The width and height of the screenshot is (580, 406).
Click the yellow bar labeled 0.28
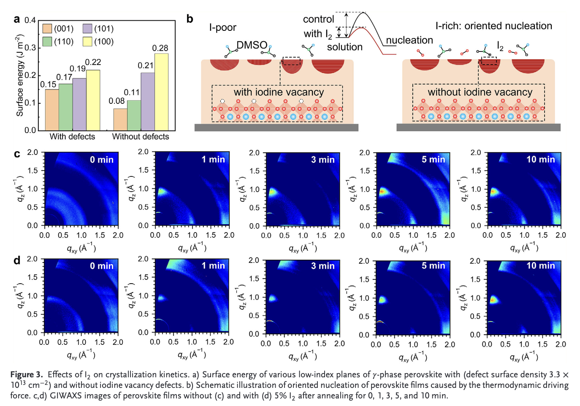pos(161,92)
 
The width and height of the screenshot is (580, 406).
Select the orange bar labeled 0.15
pos(52,110)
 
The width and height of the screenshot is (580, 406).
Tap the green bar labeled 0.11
pos(134,115)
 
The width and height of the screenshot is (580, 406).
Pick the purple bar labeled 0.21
pos(148,101)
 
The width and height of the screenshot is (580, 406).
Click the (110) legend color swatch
pos(47,41)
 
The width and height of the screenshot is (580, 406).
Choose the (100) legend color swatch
pos(87,41)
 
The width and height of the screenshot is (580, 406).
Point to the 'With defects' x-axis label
pos(72,137)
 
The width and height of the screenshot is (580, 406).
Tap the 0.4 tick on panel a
pos(30,20)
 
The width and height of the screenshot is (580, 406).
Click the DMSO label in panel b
pos(252,45)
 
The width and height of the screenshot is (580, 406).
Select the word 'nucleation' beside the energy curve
pos(409,40)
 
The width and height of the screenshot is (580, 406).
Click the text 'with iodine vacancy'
pos(279,92)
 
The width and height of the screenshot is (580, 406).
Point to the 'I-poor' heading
pos(222,28)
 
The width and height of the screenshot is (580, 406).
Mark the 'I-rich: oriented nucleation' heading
pos(493,26)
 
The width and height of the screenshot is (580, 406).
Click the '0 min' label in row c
pos(102,160)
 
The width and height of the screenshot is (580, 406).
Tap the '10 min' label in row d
pos(541,266)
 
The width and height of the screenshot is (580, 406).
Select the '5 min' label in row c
pos(434,160)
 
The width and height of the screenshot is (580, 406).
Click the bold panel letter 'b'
pos(190,19)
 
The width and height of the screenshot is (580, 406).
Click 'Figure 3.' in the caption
pos(27,375)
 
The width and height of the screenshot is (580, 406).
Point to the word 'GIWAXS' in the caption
pos(65,396)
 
